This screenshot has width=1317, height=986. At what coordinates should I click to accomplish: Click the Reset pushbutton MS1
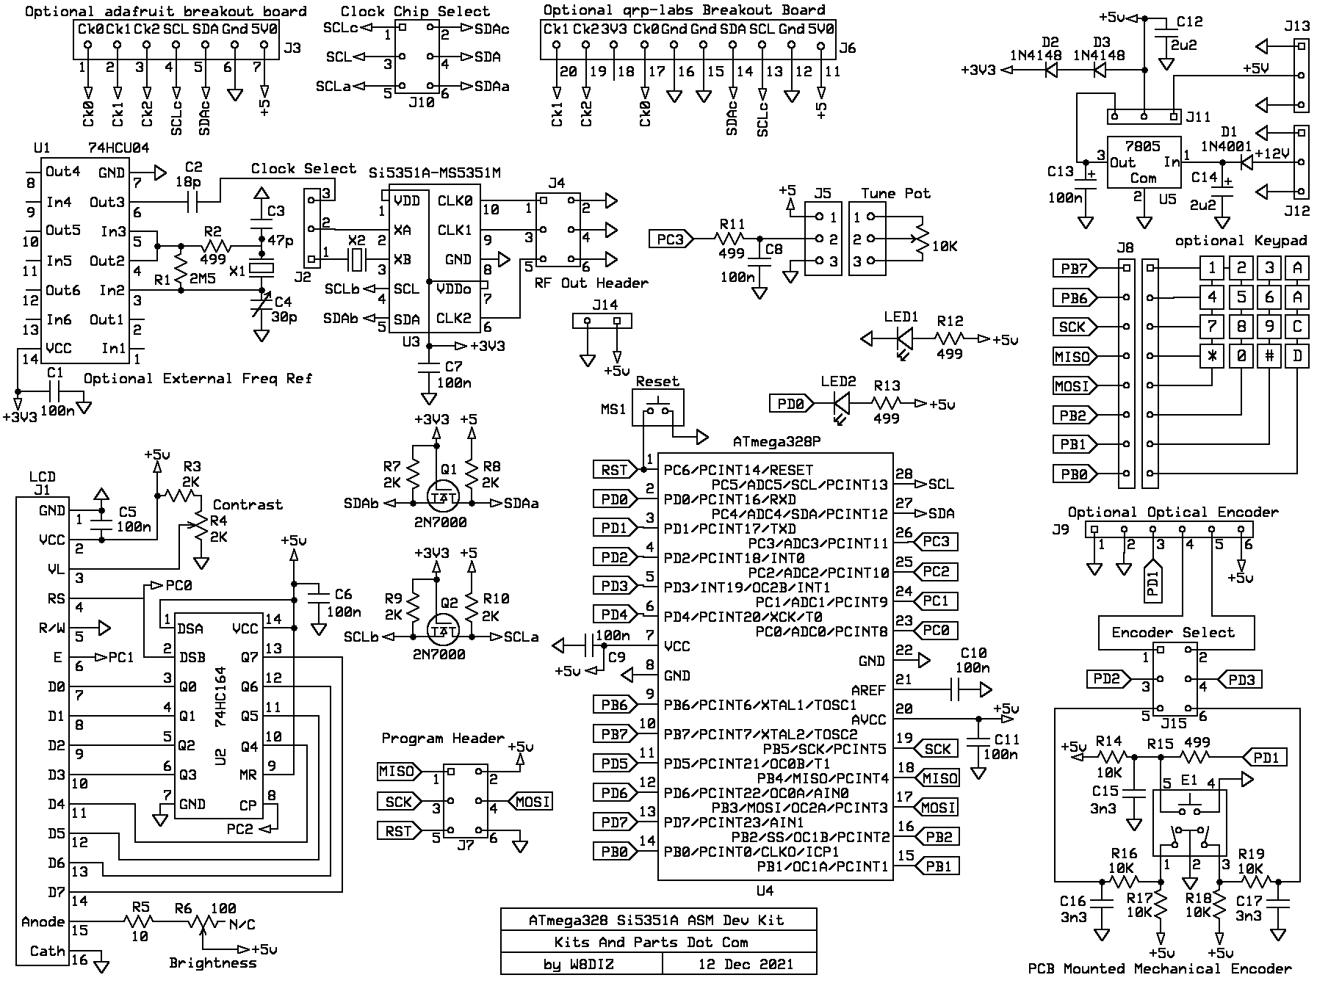657,408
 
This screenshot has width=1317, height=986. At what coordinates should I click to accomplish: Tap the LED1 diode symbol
904,338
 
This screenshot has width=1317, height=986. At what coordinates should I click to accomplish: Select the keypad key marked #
1269,356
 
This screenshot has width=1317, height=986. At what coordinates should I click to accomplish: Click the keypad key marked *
1212,356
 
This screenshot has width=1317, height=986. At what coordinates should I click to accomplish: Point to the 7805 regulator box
1144,162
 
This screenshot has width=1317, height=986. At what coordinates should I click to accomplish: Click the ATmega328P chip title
776,442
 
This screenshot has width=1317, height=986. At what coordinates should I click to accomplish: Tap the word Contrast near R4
248,504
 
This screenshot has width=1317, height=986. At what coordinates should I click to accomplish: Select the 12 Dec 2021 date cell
746,963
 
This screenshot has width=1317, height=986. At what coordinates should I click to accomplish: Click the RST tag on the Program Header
398,831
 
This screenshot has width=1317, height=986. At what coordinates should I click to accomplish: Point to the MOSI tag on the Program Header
532,802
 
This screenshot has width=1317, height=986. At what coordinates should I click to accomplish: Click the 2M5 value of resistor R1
202,279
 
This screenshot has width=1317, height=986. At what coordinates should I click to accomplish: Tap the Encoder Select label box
1172,632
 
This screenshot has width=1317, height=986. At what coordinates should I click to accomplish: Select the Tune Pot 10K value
945,246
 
